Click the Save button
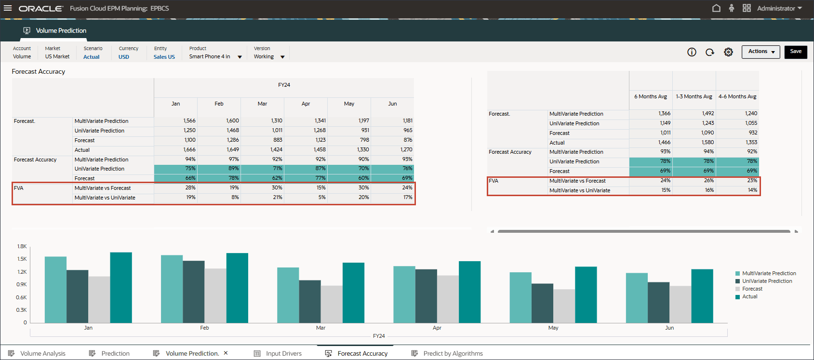click(x=796, y=52)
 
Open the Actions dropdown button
click(x=761, y=52)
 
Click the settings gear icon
click(x=728, y=52)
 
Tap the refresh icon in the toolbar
click(x=710, y=52)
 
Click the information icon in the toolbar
click(x=692, y=52)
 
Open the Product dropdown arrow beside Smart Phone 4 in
click(x=240, y=57)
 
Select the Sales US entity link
click(x=164, y=57)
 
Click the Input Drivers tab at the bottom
click(x=283, y=353)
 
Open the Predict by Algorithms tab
click(x=453, y=353)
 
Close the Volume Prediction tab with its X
click(x=226, y=353)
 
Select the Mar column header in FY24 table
click(x=262, y=104)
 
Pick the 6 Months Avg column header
click(x=650, y=96)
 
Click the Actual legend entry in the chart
click(x=749, y=297)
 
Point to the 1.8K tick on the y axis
click(x=22, y=246)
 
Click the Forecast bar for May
click(x=564, y=306)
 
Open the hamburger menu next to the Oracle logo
click(x=8, y=8)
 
